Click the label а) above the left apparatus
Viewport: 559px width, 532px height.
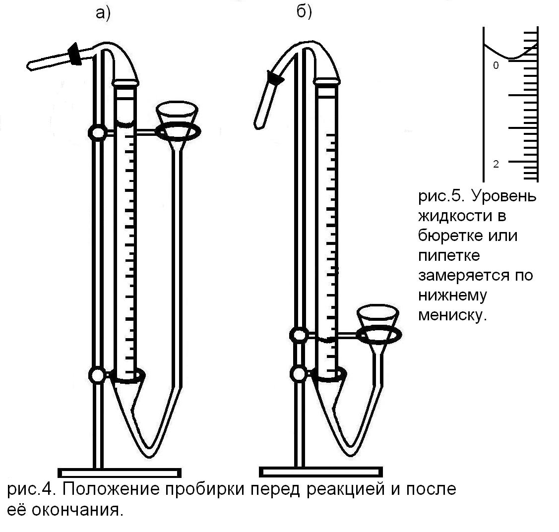pyautogui.click(x=102, y=13)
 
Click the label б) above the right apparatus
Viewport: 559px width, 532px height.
pyautogui.click(x=304, y=12)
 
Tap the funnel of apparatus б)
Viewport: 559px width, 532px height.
pyautogui.click(x=378, y=320)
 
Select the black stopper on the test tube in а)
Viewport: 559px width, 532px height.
pyautogui.click(x=75, y=54)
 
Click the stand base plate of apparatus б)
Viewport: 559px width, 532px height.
pyautogui.click(x=321, y=472)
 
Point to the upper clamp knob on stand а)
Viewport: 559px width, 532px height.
pyautogui.click(x=97, y=132)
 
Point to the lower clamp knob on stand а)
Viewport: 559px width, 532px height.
pyautogui.click(x=98, y=374)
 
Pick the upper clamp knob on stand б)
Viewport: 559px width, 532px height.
pyautogui.click(x=299, y=336)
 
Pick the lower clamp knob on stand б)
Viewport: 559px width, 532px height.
pyautogui.click(x=299, y=373)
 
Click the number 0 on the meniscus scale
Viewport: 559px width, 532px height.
pyautogui.click(x=496, y=65)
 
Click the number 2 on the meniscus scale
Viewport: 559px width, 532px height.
pyautogui.click(x=496, y=164)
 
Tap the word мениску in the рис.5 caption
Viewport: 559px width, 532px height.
pyautogui.click(x=450, y=315)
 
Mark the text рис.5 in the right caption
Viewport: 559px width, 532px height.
pyautogui.click(x=440, y=196)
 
